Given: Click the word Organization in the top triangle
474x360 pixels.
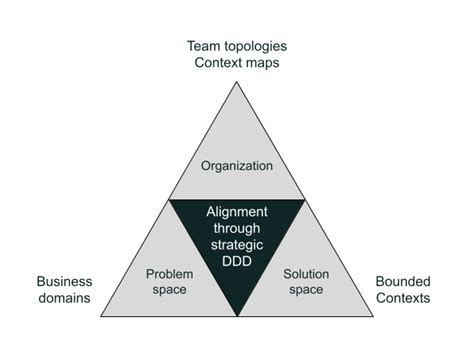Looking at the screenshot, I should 237,165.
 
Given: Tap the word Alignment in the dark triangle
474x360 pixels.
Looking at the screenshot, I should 237,212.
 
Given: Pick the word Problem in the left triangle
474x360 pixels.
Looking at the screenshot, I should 170,274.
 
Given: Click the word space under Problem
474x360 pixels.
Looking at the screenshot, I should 170,289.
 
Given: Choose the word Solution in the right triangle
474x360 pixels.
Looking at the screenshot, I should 306,274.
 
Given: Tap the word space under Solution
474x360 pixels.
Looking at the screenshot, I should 306,289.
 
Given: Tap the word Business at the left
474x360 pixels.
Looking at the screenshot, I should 64,281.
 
